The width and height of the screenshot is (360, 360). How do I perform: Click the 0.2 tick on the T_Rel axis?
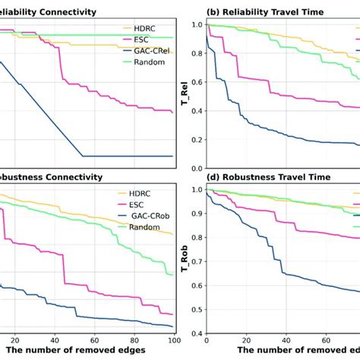(x=196, y=140)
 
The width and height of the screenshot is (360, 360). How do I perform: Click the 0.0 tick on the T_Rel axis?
(x=196, y=169)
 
